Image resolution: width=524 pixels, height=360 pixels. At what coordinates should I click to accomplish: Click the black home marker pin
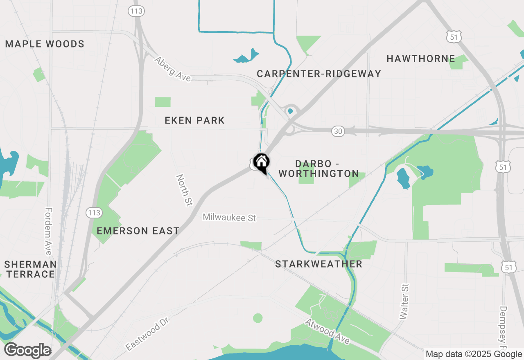(x=261, y=162)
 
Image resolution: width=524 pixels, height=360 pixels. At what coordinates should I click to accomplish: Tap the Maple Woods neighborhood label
(x=45, y=44)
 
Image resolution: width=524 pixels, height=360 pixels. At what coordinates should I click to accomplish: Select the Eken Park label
(x=194, y=120)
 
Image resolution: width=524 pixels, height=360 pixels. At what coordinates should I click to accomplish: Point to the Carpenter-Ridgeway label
(x=319, y=74)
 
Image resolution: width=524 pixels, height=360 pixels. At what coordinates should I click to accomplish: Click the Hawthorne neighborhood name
(x=421, y=59)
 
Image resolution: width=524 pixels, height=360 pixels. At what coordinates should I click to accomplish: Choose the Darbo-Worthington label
(x=319, y=169)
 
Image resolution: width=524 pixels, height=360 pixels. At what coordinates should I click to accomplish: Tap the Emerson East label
(x=138, y=231)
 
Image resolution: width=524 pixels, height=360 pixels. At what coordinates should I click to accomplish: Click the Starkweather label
(x=318, y=264)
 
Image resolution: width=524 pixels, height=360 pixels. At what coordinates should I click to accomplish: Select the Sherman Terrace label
(x=30, y=269)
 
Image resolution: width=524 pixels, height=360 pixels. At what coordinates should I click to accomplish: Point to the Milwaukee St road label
(x=229, y=218)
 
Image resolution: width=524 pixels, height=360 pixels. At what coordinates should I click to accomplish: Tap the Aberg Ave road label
(x=172, y=69)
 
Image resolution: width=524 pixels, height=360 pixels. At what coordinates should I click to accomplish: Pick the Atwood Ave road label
(x=327, y=331)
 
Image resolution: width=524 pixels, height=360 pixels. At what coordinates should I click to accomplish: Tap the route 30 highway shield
(x=338, y=131)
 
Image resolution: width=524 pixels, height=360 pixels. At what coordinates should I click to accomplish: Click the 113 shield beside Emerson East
(x=94, y=213)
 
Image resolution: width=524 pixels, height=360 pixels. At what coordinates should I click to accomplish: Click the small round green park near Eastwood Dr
(x=257, y=318)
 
